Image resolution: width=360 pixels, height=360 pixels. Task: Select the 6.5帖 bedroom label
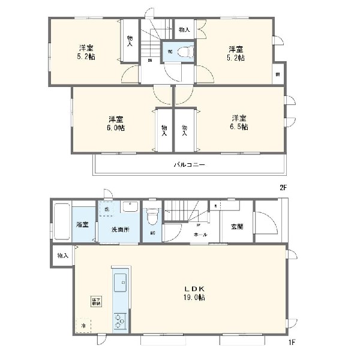coord(240,122)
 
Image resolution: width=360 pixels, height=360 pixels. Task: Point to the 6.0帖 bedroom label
coord(116,123)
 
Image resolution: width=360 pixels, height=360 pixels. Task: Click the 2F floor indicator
coord(284,187)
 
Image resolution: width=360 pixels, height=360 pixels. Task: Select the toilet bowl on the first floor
coord(152,215)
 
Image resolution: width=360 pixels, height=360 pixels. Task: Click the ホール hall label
coord(200,235)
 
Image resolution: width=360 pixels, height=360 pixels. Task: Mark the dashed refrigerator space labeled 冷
coord(84,325)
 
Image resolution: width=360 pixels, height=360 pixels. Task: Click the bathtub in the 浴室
coord(62,221)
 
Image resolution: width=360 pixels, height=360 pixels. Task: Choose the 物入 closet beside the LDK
coord(62,256)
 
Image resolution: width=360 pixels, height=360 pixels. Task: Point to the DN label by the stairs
coord(149,60)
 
